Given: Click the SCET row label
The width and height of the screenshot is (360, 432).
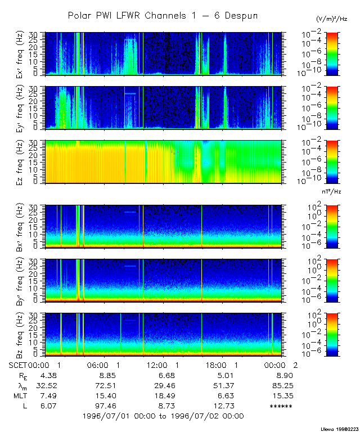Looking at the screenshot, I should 19,365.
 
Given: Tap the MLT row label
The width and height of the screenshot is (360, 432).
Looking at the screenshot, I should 20,395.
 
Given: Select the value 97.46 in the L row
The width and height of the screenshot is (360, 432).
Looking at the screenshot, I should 106,406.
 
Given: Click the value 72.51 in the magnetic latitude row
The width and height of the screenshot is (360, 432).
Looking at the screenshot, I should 106,385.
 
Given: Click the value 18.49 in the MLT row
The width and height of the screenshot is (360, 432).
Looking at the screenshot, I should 166,395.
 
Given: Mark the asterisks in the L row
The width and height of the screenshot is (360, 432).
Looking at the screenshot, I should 281,406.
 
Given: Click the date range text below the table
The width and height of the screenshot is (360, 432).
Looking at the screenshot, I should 163,416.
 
